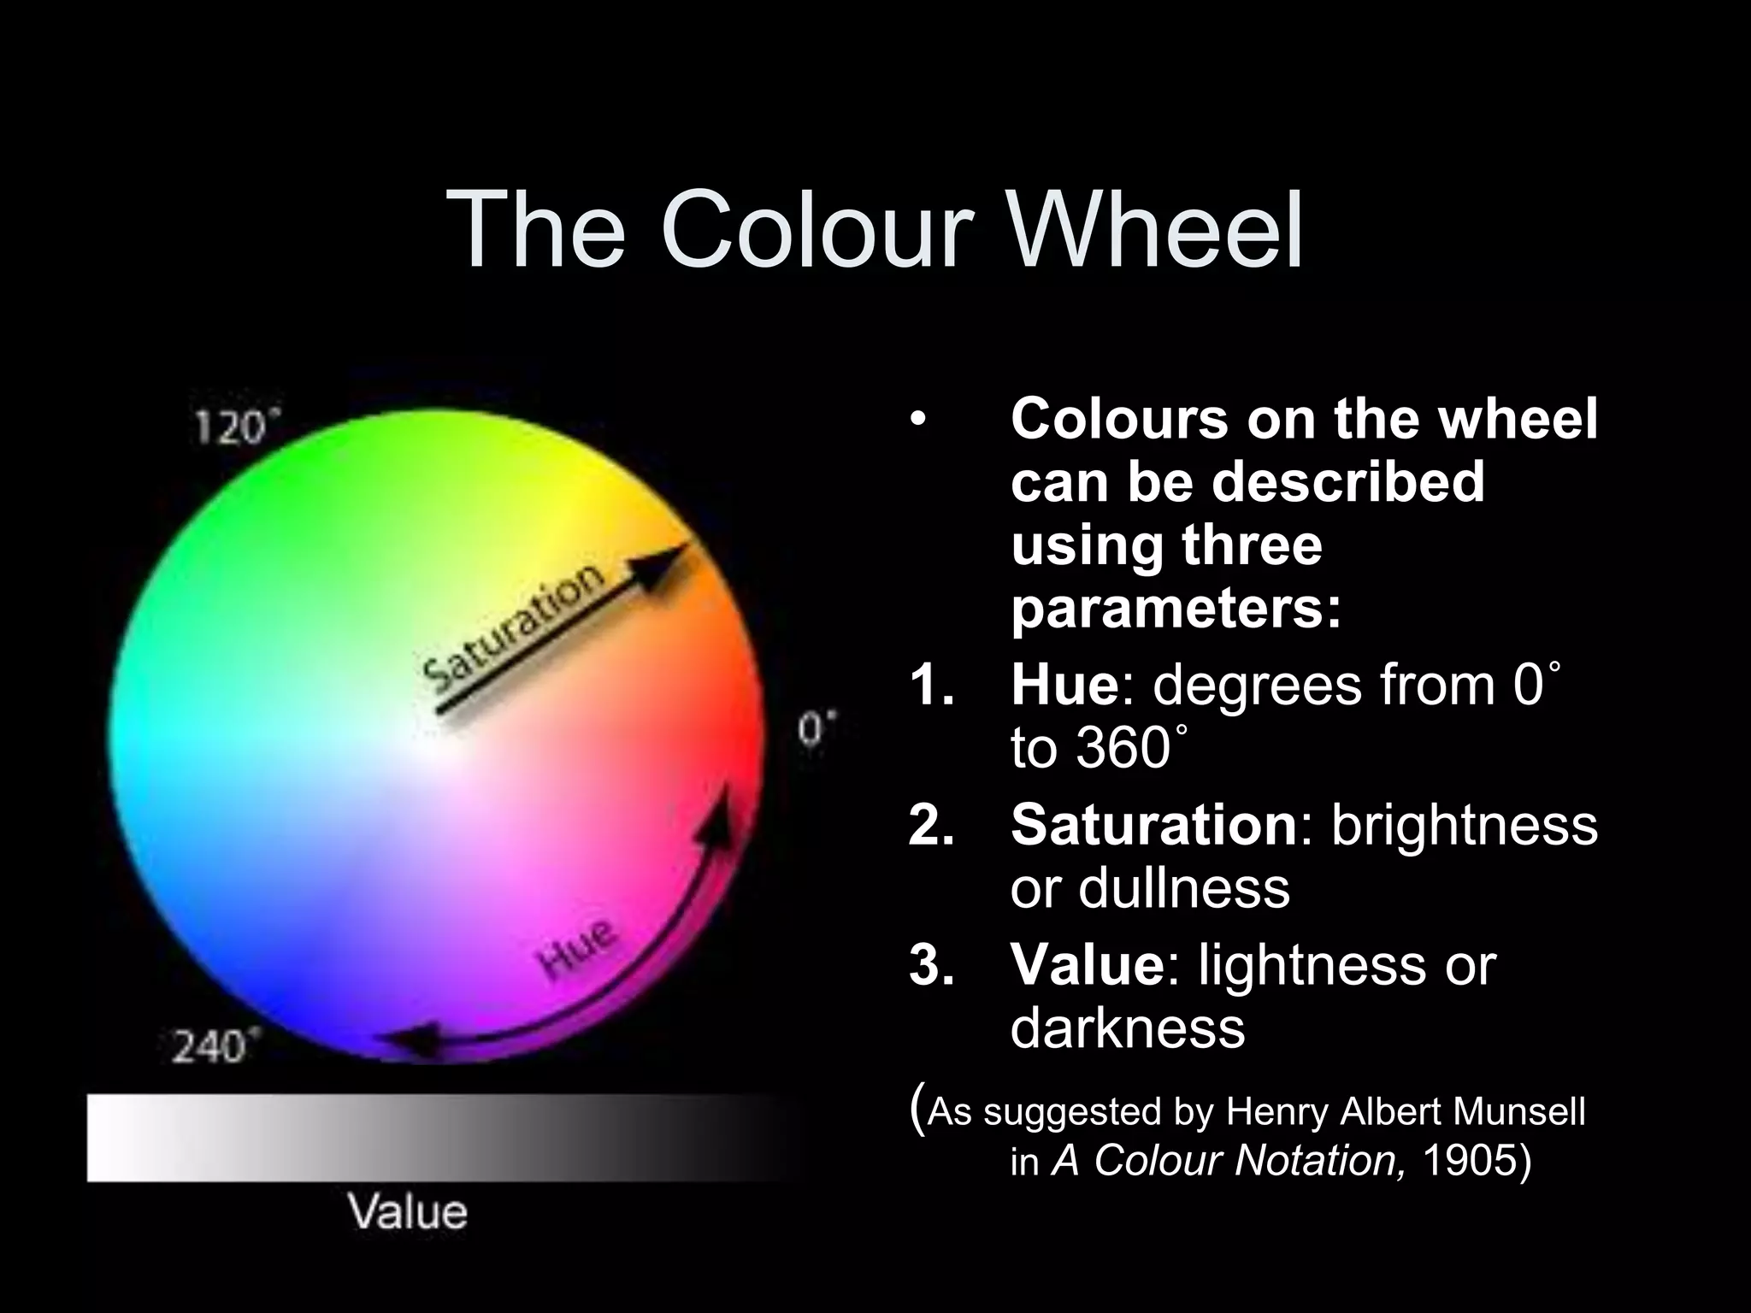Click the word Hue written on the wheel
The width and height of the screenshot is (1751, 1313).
[578, 951]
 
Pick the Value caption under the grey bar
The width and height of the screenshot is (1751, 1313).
[408, 1212]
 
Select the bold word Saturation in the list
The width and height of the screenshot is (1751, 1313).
[1153, 825]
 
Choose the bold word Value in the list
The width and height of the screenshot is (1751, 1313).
[1087, 965]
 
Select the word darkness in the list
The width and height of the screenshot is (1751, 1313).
[1127, 1028]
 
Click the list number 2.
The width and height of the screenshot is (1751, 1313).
[931, 826]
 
